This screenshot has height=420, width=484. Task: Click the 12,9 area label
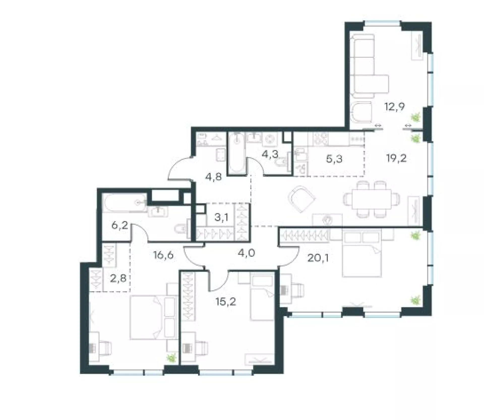coord(395,107)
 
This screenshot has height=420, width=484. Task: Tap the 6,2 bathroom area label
coord(120,225)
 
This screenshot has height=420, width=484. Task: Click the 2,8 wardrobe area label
coord(118,279)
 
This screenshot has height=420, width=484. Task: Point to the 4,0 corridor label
coord(247,252)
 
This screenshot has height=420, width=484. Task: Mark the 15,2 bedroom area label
coord(226,301)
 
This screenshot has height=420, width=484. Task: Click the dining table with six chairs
coord(372,199)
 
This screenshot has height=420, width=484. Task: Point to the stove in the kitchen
coord(320,139)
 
